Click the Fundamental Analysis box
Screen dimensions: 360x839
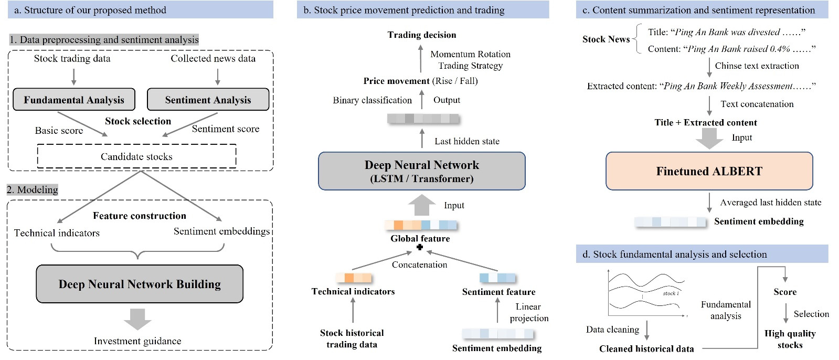pos(74,100)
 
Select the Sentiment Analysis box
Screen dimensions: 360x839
pos(208,100)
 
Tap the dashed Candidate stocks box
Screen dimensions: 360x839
pos(136,156)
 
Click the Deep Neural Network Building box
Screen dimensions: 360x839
pos(140,284)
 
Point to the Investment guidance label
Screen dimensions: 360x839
pos(137,341)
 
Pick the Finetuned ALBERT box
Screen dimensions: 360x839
pos(709,171)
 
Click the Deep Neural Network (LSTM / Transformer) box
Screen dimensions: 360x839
pos(421,171)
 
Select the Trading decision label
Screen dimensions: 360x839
pos(422,35)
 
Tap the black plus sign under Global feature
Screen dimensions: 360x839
pos(420,247)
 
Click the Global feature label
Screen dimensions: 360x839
pos(420,238)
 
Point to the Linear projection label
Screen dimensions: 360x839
pos(528,312)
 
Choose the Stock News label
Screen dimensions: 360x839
pos(606,39)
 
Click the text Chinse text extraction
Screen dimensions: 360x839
pos(757,66)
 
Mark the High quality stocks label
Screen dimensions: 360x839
pos(790,339)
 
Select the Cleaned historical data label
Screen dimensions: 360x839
pos(646,348)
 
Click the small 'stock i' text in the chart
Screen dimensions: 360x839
pos(671,293)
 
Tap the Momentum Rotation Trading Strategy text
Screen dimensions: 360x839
pos(470,60)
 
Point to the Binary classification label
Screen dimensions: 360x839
pos(372,100)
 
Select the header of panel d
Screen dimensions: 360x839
pos(702,254)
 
